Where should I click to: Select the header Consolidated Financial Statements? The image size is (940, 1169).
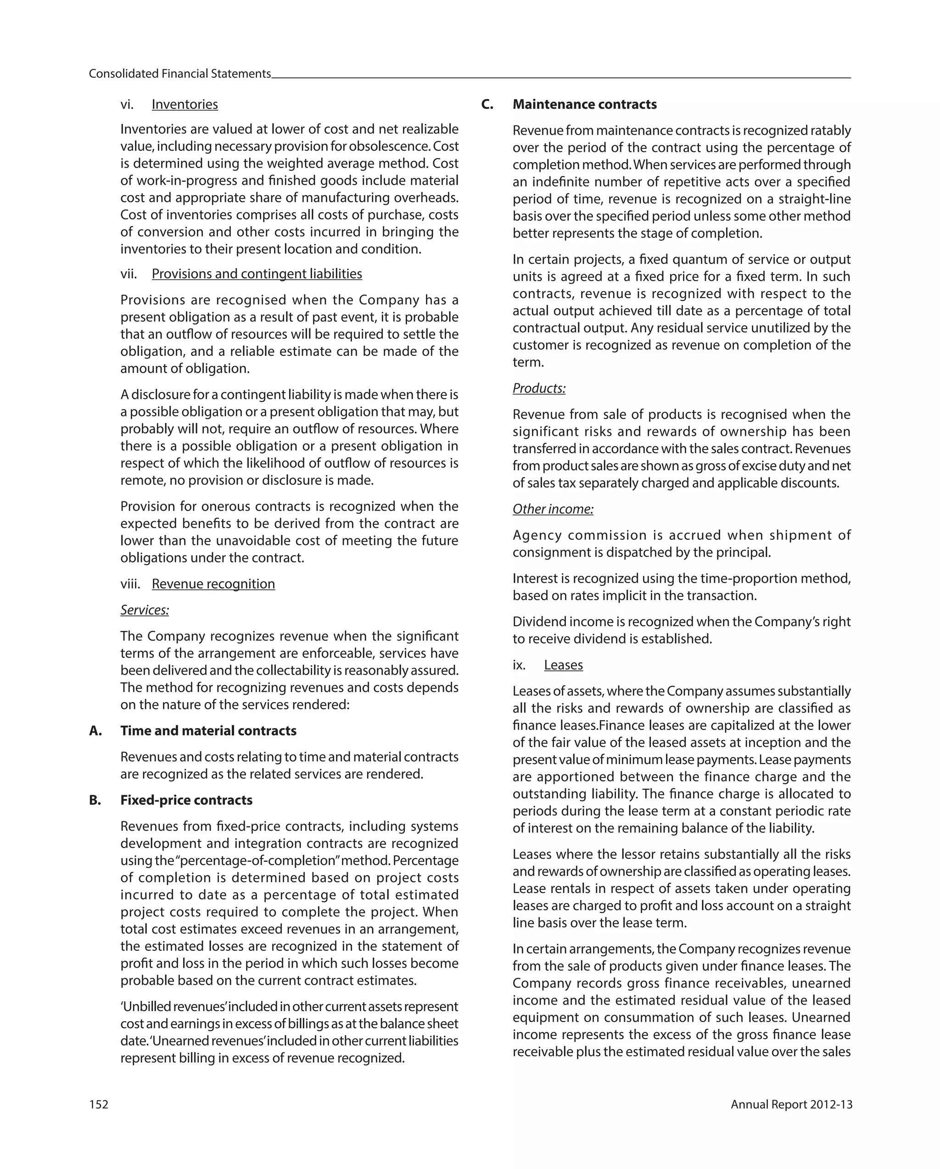click(179, 74)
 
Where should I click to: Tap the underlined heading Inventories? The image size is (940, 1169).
click(185, 104)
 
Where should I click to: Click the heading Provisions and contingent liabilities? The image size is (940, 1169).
click(257, 274)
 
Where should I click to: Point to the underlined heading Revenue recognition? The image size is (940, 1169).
click(213, 584)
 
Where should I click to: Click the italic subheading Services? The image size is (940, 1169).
click(144, 610)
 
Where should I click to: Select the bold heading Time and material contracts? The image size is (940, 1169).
click(208, 731)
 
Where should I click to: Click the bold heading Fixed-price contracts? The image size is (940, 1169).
click(186, 800)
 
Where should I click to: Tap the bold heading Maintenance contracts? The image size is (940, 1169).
click(584, 104)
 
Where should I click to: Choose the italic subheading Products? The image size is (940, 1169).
click(539, 388)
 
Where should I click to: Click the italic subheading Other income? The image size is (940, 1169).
click(553, 509)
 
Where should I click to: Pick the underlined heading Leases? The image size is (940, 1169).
click(563, 665)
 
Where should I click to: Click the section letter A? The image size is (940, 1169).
click(95, 731)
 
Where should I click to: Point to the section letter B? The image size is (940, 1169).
click(95, 800)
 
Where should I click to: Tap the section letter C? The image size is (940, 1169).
click(487, 104)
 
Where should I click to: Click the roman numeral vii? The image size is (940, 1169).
click(129, 274)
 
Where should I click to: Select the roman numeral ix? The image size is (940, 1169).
click(519, 665)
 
